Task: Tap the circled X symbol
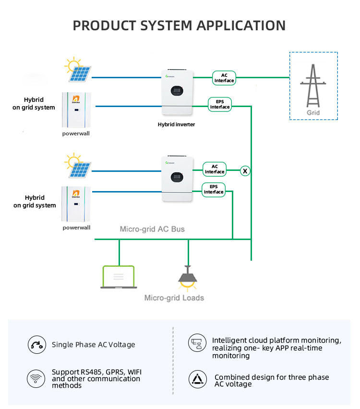click(x=245, y=170)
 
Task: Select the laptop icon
click(x=118, y=277)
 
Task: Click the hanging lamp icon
click(x=188, y=278)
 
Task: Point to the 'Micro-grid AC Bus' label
click(x=152, y=229)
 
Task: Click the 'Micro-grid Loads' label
click(x=174, y=298)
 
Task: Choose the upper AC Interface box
click(x=224, y=78)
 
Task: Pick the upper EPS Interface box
click(x=220, y=104)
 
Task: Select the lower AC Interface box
click(x=215, y=169)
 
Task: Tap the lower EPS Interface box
click(x=214, y=189)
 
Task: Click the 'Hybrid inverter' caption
click(x=176, y=124)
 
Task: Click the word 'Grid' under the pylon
click(x=313, y=113)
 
